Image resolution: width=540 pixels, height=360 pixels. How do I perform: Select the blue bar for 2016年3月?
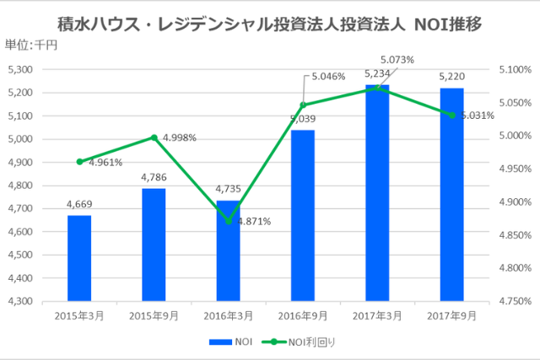click(x=228, y=250)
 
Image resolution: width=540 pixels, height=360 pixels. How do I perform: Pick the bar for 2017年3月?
click(x=377, y=192)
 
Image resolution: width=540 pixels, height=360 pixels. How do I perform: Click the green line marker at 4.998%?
click(x=154, y=137)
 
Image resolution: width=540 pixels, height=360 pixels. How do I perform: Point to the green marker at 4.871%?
click(x=229, y=221)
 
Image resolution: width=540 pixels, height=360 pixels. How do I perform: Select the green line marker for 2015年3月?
click(x=79, y=161)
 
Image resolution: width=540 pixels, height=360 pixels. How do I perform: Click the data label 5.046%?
click(x=329, y=75)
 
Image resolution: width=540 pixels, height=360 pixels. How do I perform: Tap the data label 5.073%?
click(x=397, y=61)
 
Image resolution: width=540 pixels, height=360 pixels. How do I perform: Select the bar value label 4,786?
click(x=154, y=179)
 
